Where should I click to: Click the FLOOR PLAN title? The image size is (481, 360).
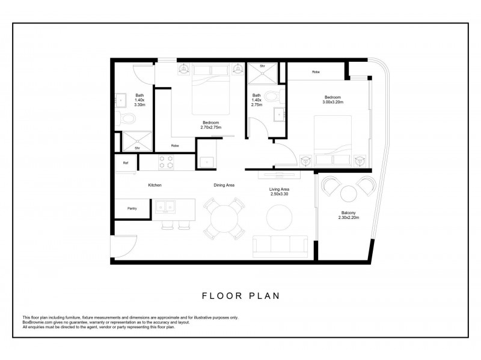click(x=241, y=296)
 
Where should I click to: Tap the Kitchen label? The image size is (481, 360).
click(x=155, y=185)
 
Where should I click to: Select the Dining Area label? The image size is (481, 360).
click(x=224, y=185)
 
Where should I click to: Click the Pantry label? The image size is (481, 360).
click(x=132, y=208)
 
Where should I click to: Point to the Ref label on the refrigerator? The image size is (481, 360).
click(x=126, y=163)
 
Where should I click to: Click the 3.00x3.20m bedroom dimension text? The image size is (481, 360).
click(x=333, y=102)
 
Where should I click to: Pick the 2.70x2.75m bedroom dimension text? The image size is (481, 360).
click(x=211, y=127)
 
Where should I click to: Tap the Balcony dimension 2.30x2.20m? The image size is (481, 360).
click(x=349, y=218)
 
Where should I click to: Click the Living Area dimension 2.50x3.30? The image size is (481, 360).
click(x=279, y=194)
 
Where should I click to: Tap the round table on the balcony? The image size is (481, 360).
click(x=349, y=194)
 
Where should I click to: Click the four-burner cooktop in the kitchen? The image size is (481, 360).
click(x=166, y=162)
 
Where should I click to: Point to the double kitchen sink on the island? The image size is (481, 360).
click(x=165, y=206)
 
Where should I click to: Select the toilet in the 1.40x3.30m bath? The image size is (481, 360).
click(x=126, y=118)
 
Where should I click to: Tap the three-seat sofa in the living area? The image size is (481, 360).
click(x=280, y=247)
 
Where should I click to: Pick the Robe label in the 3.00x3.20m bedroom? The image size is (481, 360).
click(x=316, y=72)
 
